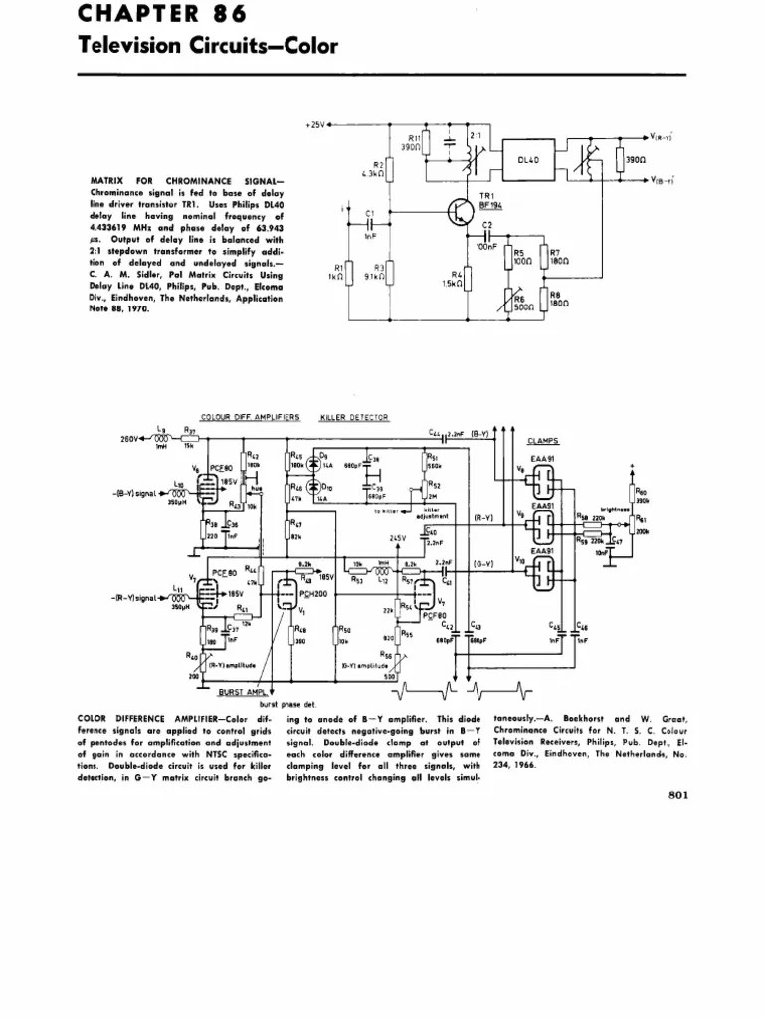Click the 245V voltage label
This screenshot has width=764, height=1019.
pyautogui.click(x=398, y=538)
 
